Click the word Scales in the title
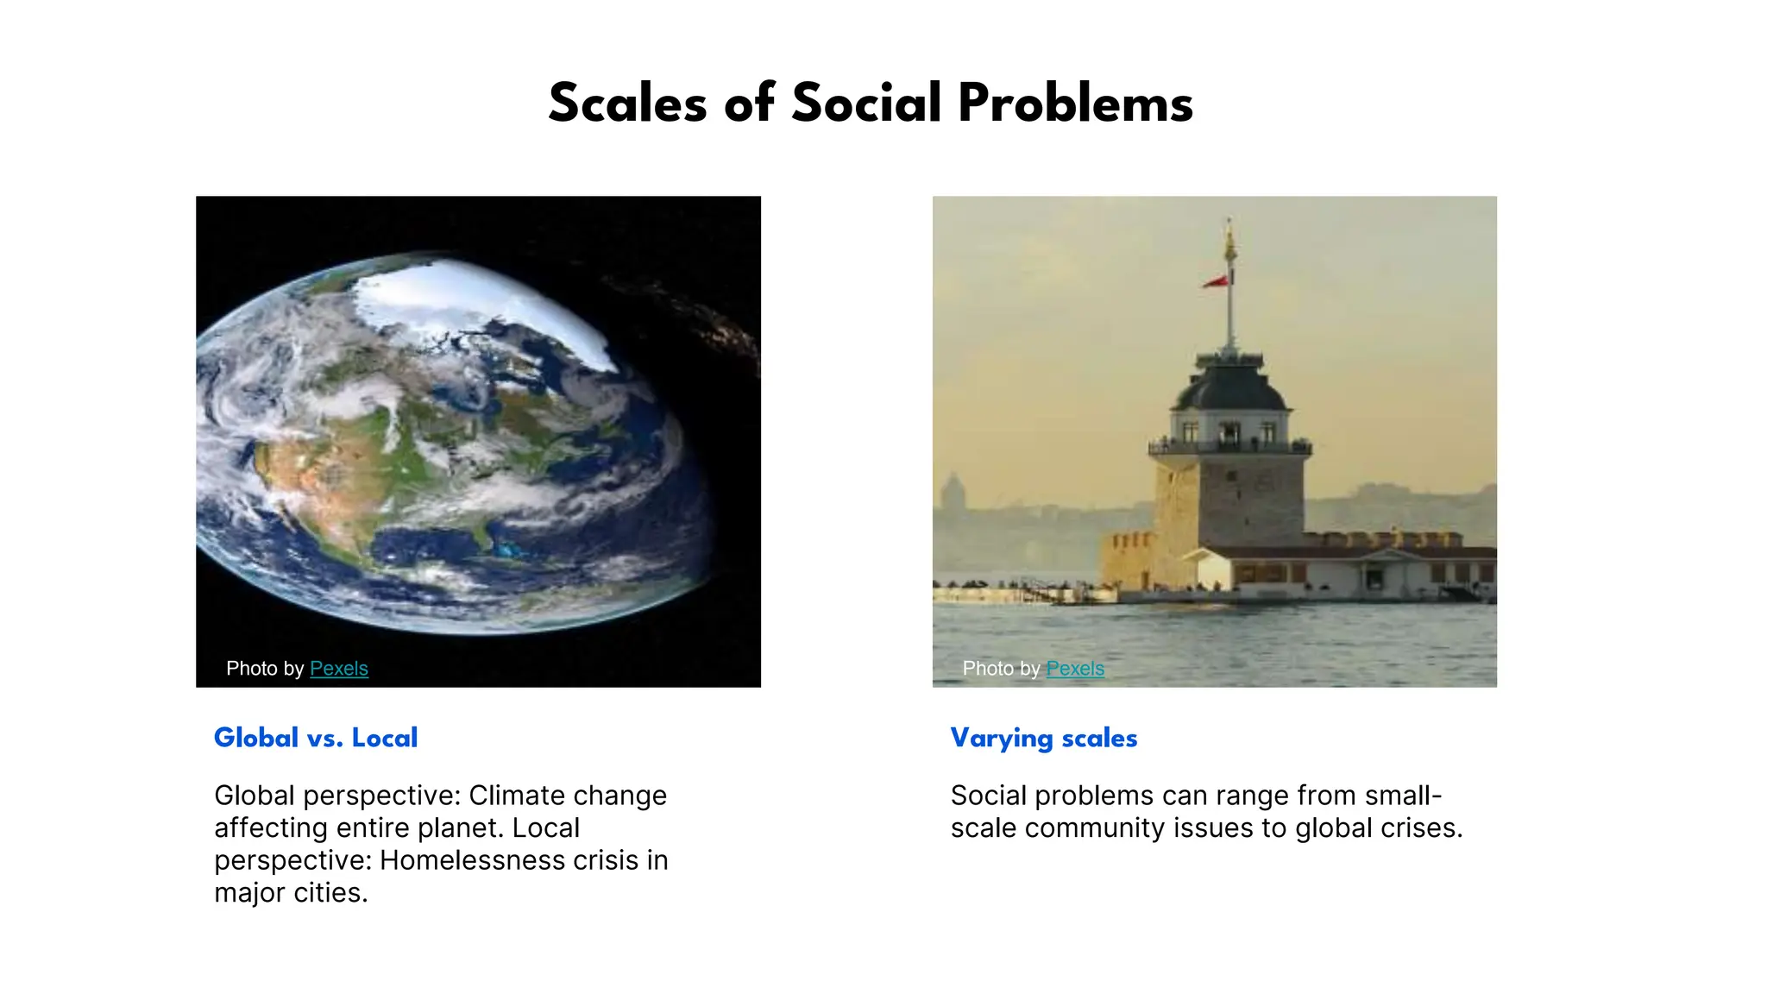[627, 104]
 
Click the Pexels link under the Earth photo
[338, 669]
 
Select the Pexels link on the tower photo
[1074, 669]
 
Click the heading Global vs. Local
[316, 738]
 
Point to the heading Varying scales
[1043, 739]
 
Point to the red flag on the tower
[1217, 281]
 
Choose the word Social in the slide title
[865, 104]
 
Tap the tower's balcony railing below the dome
[1230, 447]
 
